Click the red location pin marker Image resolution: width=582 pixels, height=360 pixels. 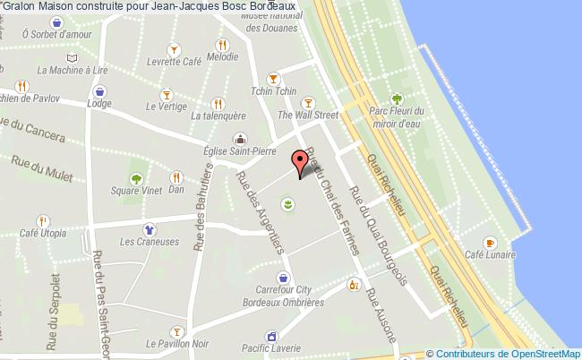[x=302, y=162]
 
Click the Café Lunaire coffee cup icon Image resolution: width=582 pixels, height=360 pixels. [x=490, y=243]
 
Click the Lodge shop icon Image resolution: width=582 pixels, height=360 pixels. [x=99, y=90]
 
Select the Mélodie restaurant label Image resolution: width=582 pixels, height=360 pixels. [x=221, y=56]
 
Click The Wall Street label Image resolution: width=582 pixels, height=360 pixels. [x=308, y=115]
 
